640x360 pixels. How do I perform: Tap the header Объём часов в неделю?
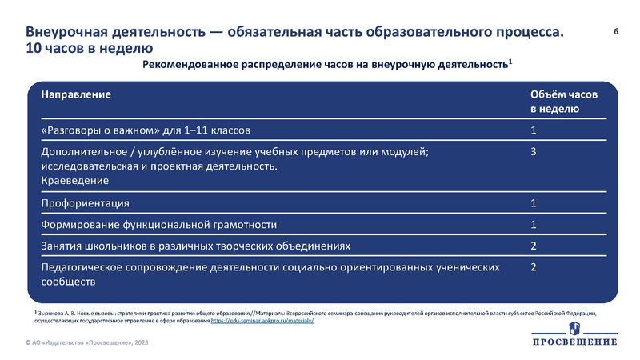(563, 101)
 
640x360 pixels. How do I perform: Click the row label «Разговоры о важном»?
(149, 130)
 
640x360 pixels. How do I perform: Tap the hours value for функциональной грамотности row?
(534, 224)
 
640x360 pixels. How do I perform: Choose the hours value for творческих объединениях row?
(534, 246)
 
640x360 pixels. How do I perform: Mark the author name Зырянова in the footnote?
(53, 312)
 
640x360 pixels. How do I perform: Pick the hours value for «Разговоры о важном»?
(534, 130)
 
